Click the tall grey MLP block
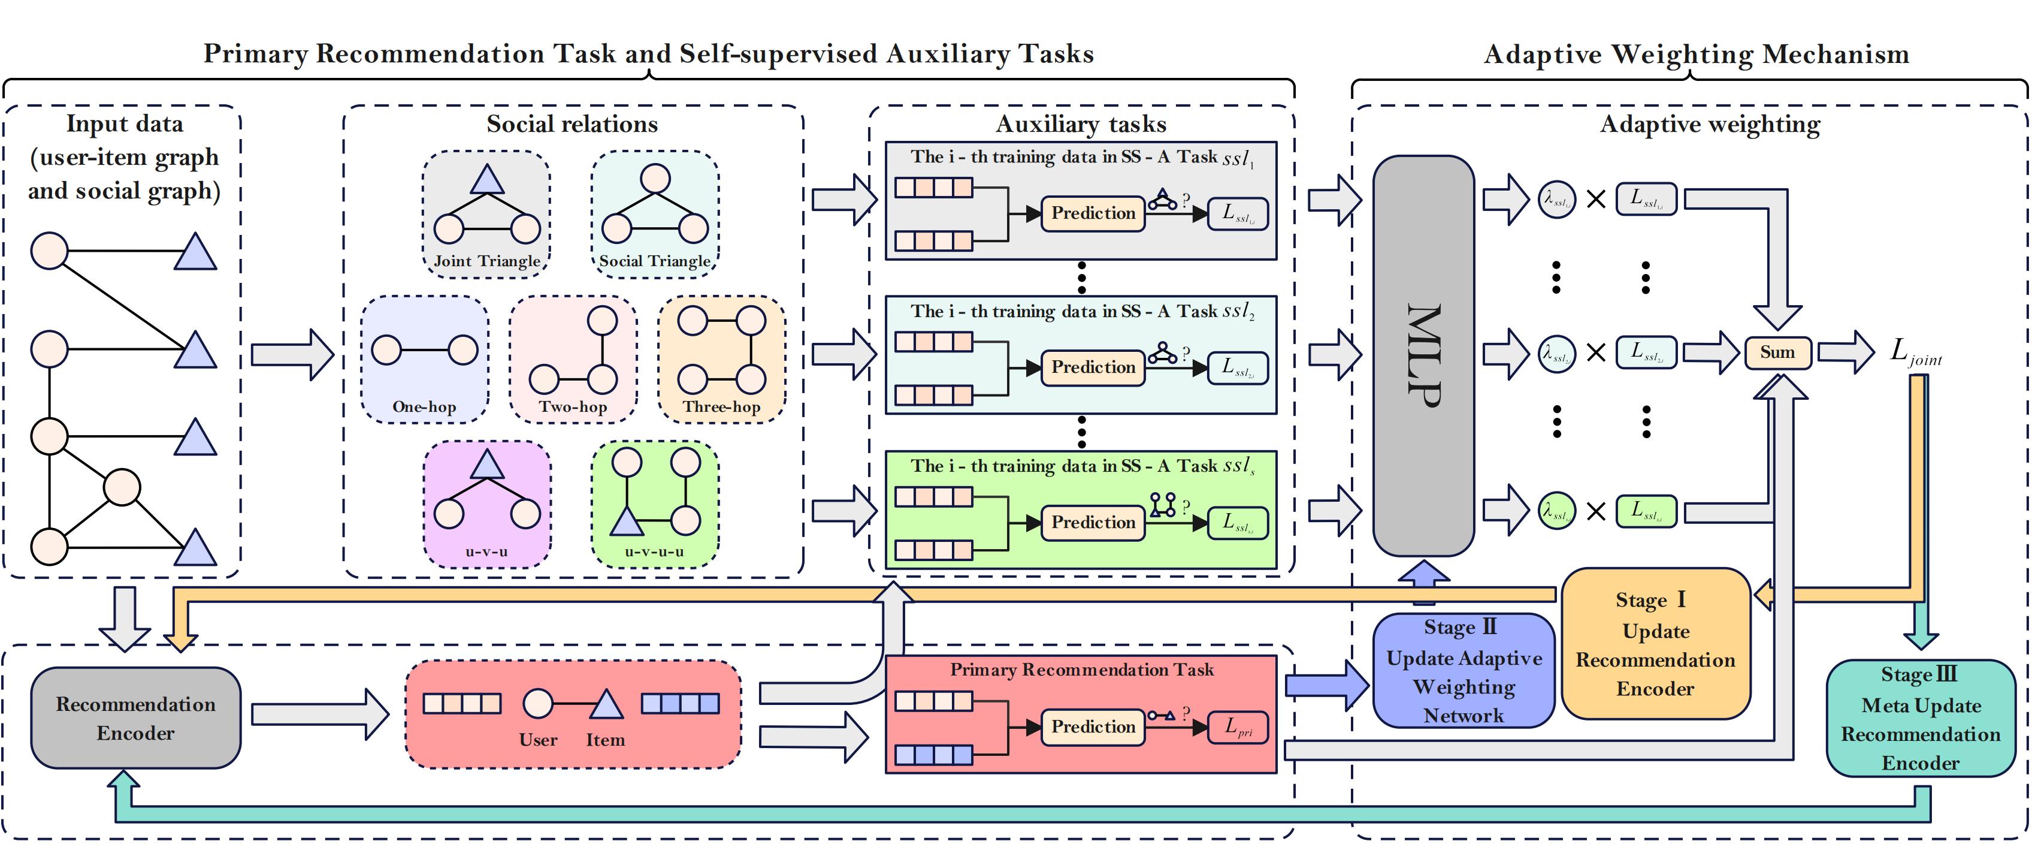pyautogui.click(x=1423, y=355)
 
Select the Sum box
pyautogui.click(x=1777, y=352)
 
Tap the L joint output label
pyautogui.click(x=1914, y=352)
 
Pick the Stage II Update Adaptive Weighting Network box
pyautogui.click(x=1463, y=671)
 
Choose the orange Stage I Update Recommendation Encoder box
pyautogui.click(x=1655, y=644)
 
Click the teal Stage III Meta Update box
pyautogui.click(x=1921, y=718)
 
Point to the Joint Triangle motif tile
pyautogui.click(x=486, y=214)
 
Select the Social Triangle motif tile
pyautogui.click(x=655, y=214)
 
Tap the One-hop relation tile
pyautogui.click(x=424, y=360)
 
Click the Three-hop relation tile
pyautogui.click(x=721, y=360)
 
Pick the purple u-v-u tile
pyautogui.click(x=486, y=504)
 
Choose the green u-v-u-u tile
pyautogui.click(x=655, y=504)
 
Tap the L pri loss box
pyautogui.click(x=1237, y=728)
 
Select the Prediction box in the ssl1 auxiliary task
pyautogui.click(x=1093, y=213)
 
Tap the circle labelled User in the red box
pyautogui.click(x=538, y=703)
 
